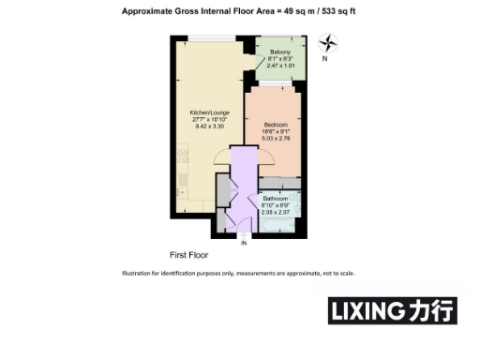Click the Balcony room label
point(279,52)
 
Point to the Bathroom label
point(275,198)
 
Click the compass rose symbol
point(328,42)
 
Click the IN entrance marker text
point(245,244)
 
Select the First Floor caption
point(188,254)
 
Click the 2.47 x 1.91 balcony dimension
point(279,67)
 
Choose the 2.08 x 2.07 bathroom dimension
point(275,212)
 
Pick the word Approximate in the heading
point(149,11)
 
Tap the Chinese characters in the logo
point(431,310)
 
